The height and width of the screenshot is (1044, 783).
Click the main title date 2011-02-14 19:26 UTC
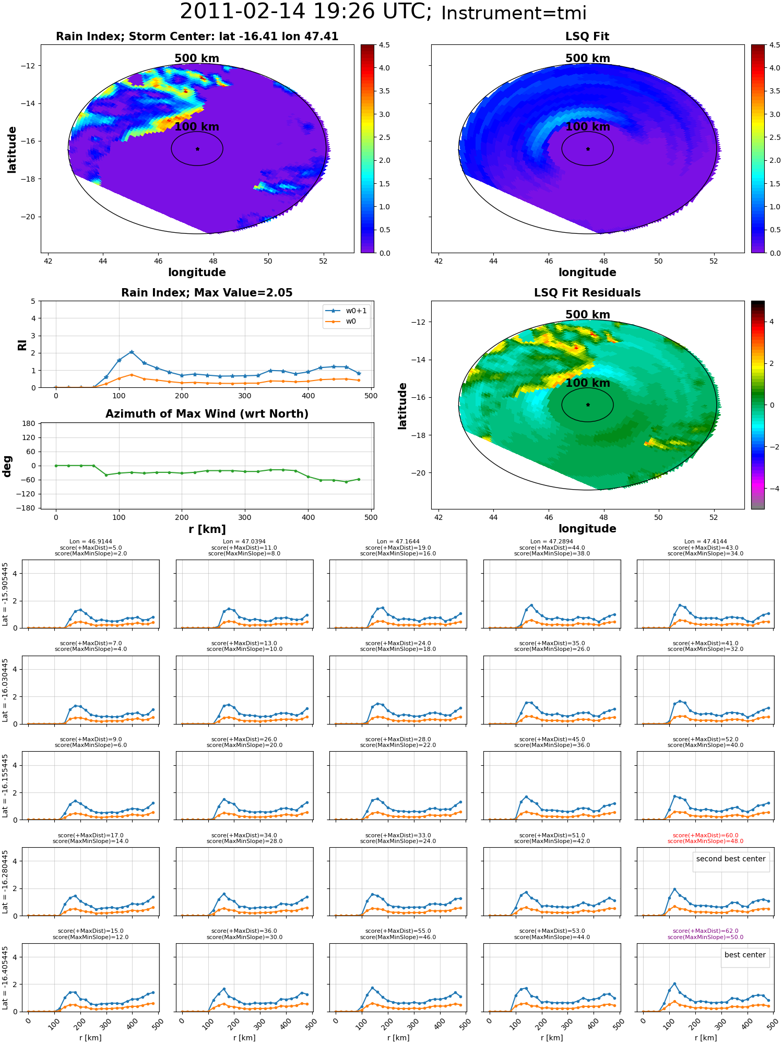click(x=305, y=11)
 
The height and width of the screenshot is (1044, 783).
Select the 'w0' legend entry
click(x=351, y=321)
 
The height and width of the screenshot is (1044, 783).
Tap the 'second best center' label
click(x=731, y=859)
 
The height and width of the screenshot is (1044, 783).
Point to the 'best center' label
click(x=745, y=955)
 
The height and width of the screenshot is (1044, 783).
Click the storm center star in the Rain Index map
click(x=197, y=149)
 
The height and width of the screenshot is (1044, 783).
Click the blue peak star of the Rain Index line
click(x=132, y=352)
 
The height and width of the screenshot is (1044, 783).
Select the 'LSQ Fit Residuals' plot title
click(x=587, y=293)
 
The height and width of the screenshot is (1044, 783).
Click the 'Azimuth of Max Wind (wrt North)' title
click(x=207, y=414)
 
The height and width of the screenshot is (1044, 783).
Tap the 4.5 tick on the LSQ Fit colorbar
click(x=775, y=45)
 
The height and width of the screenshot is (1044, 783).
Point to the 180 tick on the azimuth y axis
click(x=29, y=423)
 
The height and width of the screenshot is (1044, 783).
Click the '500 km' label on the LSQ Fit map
click(x=588, y=58)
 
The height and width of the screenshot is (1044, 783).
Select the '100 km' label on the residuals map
click(x=588, y=383)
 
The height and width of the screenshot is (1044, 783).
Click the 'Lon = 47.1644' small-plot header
click(x=398, y=542)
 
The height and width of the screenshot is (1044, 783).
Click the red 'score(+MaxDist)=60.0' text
click(x=705, y=835)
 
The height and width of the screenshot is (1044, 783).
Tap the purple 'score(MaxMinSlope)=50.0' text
click(x=705, y=937)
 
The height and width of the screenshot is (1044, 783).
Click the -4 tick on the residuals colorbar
click(x=772, y=489)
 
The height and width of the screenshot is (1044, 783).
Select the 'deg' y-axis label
click(x=7, y=466)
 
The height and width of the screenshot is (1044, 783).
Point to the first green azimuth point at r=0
click(x=56, y=466)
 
